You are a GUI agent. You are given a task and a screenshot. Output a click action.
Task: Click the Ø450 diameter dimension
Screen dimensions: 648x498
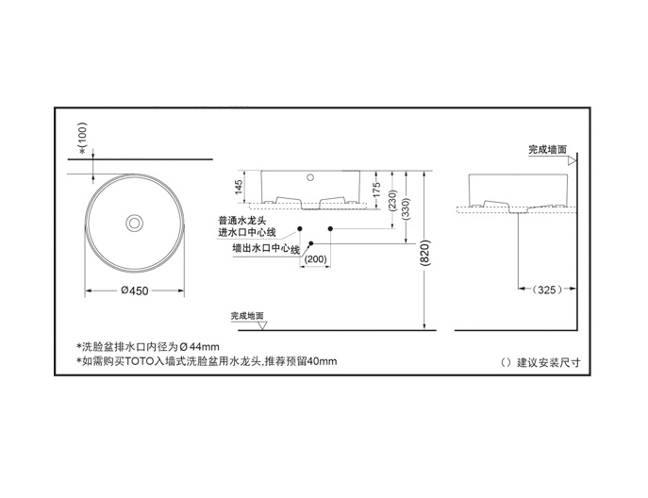point(136,290)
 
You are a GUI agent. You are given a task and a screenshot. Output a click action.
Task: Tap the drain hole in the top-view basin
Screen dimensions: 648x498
point(135,223)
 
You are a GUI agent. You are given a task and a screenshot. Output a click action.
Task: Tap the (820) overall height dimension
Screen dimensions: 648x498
point(425,253)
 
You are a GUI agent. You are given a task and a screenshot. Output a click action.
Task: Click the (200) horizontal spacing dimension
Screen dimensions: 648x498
point(316,258)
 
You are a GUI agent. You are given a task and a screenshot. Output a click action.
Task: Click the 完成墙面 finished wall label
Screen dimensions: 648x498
point(547,149)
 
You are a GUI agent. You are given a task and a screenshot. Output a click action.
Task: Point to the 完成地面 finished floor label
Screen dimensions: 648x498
point(247,316)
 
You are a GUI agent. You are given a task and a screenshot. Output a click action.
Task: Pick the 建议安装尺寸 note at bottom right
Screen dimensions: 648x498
point(541,362)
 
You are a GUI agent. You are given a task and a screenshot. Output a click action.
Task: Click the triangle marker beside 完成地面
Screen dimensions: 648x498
point(265,325)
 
